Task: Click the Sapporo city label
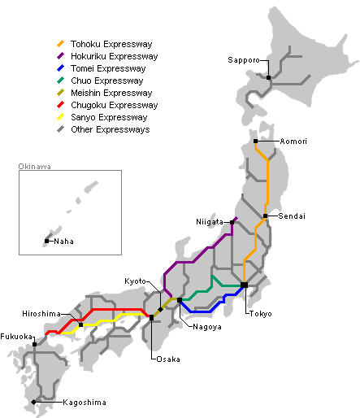[244, 60]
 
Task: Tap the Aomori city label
[293, 142]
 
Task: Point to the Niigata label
[210, 222]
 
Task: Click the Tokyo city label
[261, 314]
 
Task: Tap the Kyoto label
[136, 281]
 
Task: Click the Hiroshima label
[41, 314]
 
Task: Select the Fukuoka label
[16, 336]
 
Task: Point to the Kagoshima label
[84, 403]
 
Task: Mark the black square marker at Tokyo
[244, 285]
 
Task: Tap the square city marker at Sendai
[266, 216]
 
